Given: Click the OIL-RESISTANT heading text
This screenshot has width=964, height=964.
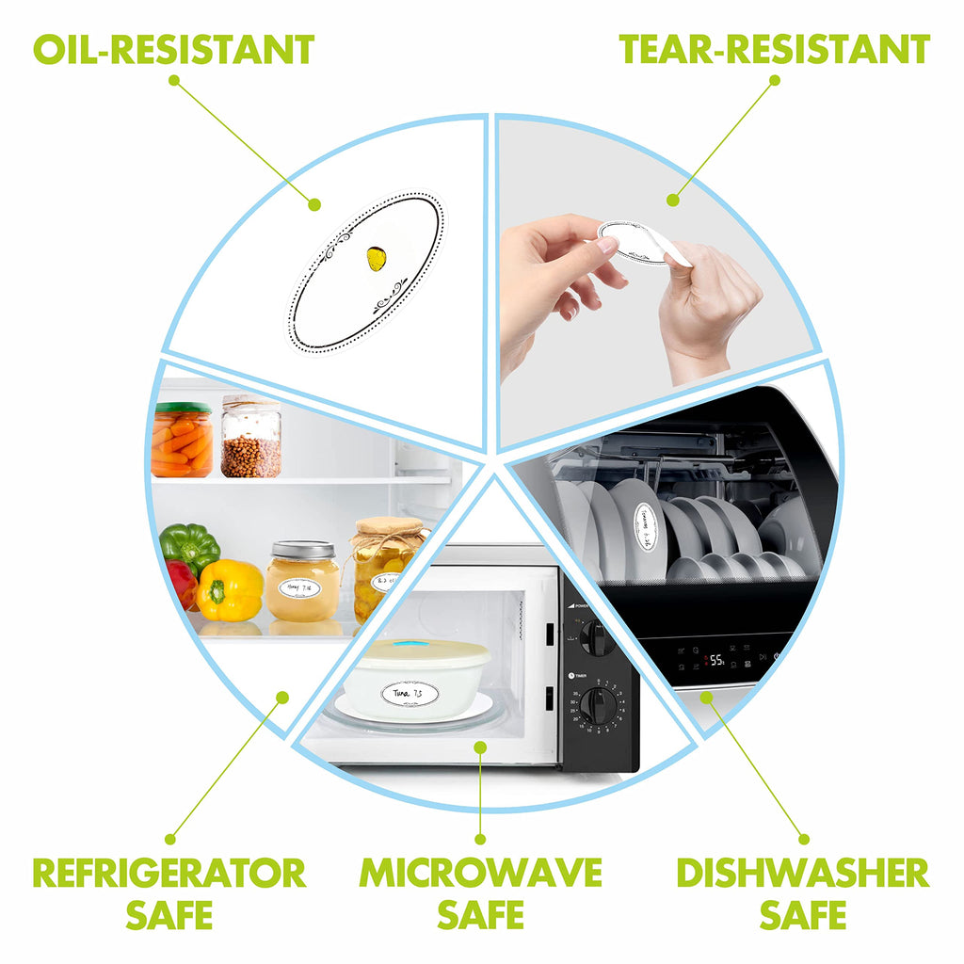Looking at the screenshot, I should tap(173, 49).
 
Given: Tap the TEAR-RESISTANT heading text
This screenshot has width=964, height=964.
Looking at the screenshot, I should tap(774, 49).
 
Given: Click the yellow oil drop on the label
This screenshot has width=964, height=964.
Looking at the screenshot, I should tap(375, 258).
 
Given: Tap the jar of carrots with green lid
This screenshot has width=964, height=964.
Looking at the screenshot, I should tap(182, 440).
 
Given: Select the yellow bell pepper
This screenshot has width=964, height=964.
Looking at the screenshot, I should tap(230, 590).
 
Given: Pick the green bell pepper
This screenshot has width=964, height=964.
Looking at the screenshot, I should tap(189, 546).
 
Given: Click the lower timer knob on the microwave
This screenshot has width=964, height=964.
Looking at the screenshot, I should tap(598, 705).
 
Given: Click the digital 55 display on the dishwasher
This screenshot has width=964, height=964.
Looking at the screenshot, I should tap(716, 660).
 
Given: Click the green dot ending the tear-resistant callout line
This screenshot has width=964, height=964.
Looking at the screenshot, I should tap(672, 200).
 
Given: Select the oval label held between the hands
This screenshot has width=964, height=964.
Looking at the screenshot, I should tap(633, 239).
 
